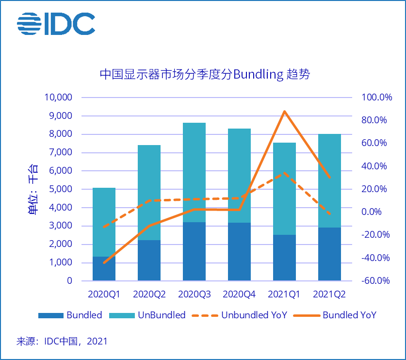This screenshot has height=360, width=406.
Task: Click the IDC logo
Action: point(56,23)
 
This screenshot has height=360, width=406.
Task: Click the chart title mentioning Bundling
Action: point(204,74)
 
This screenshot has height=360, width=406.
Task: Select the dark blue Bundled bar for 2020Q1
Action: point(104,268)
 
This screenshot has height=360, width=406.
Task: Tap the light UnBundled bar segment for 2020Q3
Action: point(194,172)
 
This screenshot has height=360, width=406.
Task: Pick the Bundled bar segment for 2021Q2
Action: point(329,254)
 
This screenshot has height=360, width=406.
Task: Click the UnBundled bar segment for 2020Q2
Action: point(149,192)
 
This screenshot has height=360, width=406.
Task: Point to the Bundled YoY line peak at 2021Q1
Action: point(284,112)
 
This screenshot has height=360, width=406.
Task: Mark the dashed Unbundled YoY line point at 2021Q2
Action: point(329,213)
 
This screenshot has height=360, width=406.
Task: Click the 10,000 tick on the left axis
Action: point(58,98)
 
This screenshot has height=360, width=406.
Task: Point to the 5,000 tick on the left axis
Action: point(60,189)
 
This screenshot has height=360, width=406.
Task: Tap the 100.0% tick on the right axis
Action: point(376,98)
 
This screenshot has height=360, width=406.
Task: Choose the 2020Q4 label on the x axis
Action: point(239,294)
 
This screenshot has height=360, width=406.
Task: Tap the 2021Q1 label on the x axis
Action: point(284,294)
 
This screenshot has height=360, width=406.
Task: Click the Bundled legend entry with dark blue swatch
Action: point(70,315)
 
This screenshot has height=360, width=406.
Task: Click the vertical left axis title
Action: point(33,189)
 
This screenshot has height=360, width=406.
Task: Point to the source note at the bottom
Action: point(62,341)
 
